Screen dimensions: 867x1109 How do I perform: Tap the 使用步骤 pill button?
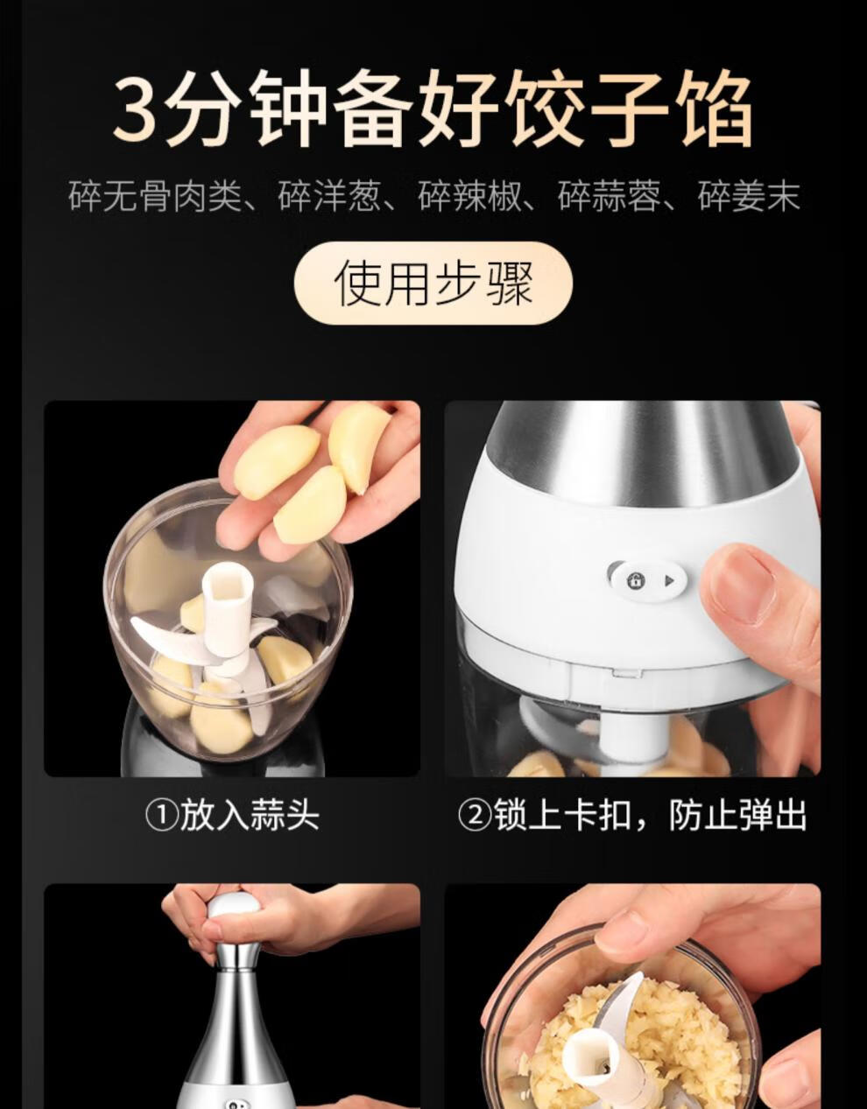pyautogui.click(x=433, y=284)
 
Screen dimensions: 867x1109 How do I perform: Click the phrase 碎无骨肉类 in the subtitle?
pyautogui.click(x=155, y=195)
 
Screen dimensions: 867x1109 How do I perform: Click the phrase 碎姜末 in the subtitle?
pyautogui.click(x=749, y=195)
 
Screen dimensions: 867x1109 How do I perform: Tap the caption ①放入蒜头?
pyautogui.click(x=232, y=816)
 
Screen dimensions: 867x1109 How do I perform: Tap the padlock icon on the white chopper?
pyautogui.click(x=636, y=580)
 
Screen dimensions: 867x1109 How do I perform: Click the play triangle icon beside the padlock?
pyautogui.click(x=669, y=581)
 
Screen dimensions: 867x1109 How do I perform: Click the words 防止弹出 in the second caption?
pyautogui.click(x=737, y=816)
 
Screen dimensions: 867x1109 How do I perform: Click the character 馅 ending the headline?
pyautogui.click(x=713, y=109)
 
